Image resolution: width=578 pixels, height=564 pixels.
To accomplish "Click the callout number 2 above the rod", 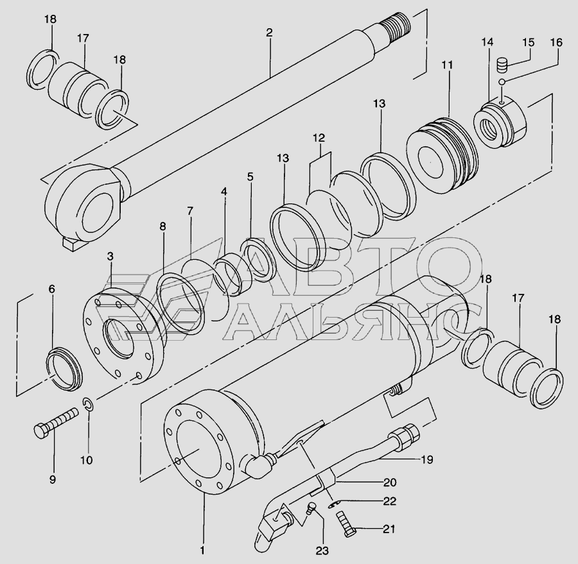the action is click(269, 33).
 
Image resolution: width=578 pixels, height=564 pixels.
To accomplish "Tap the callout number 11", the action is click(447, 65).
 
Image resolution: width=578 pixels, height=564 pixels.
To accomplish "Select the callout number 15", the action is click(529, 42).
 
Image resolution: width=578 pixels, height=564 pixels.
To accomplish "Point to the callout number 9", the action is click(53, 479).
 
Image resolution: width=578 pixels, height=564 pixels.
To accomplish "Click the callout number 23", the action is click(322, 551).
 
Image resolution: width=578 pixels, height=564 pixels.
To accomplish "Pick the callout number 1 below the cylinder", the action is click(202, 551).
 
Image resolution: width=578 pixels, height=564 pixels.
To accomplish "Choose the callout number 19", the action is click(427, 459).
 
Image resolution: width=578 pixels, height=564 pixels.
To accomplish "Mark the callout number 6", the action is click(51, 289).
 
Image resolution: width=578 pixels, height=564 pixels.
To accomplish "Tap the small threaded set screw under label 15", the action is click(502, 65).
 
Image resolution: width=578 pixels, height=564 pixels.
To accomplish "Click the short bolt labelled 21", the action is click(346, 525).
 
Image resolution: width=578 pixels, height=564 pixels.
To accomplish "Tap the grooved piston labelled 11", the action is click(442, 153).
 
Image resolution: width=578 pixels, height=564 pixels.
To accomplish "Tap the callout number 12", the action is click(319, 138).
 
